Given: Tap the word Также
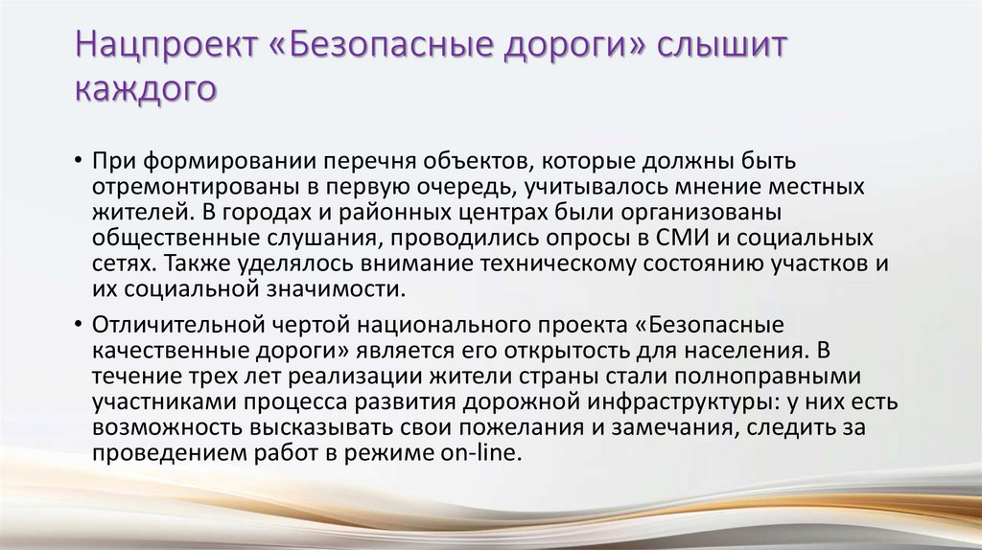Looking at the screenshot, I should [x=183, y=262].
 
